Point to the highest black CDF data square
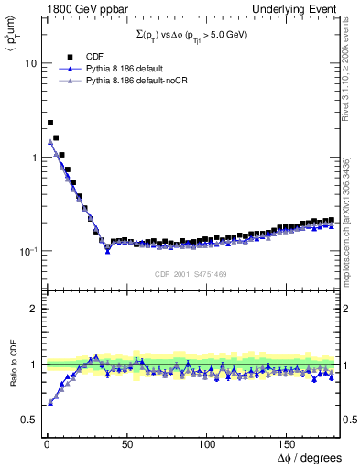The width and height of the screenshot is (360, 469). pyautogui.click(x=49, y=122)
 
